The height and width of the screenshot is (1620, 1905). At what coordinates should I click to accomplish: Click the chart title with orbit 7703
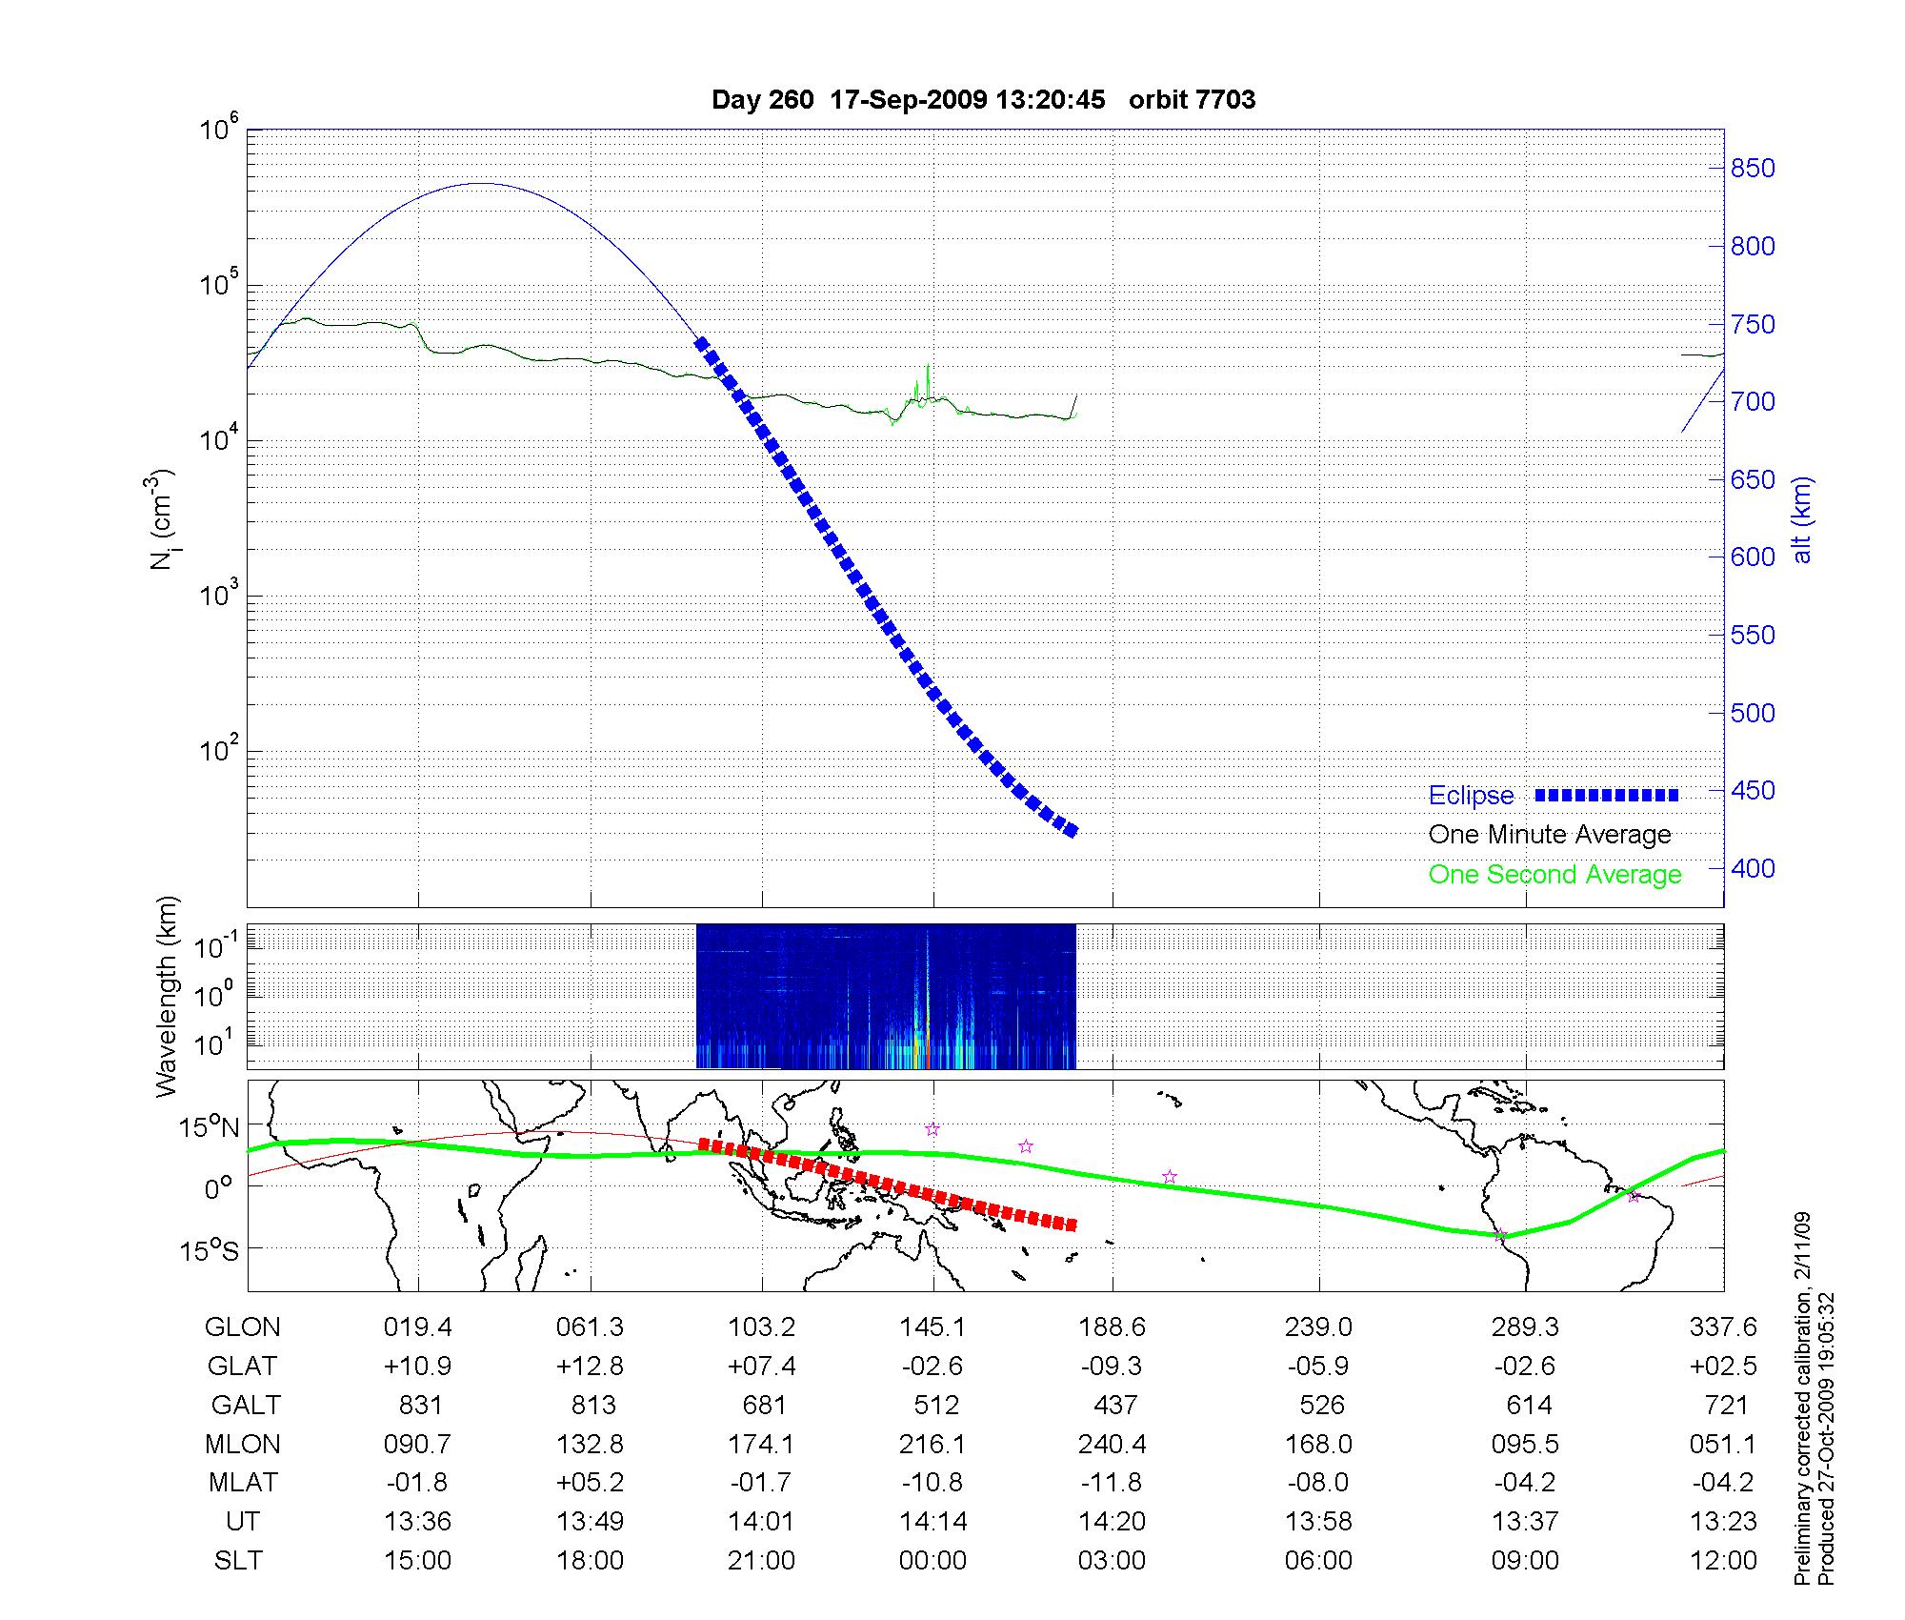tap(983, 100)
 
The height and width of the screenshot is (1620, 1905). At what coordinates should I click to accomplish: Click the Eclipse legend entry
tap(1471, 796)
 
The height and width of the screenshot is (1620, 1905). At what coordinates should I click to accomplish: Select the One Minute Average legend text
tap(1550, 835)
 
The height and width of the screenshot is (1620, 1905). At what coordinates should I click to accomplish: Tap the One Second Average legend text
tap(1554, 875)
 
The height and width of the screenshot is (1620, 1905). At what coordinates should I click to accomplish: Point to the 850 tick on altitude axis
tap(1753, 169)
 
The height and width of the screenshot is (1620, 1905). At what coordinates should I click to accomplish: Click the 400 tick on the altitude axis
tap(1753, 869)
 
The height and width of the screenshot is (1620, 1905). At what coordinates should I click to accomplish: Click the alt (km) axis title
tap(1802, 519)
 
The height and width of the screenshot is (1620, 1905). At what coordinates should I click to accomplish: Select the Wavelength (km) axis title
tap(168, 997)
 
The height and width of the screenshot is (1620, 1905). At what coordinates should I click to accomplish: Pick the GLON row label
tap(243, 1327)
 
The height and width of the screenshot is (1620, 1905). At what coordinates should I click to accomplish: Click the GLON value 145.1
tap(932, 1327)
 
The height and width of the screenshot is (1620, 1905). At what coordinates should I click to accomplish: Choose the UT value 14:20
tap(1113, 1522)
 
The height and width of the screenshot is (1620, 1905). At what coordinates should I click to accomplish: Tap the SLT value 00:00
tap(932, 1561)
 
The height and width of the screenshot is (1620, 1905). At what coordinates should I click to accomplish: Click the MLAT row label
tap(243, 1483)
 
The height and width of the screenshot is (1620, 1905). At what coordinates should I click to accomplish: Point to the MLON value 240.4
tap(1113, 1445)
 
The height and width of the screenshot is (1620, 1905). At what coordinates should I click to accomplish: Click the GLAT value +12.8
tap(591, 1367)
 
